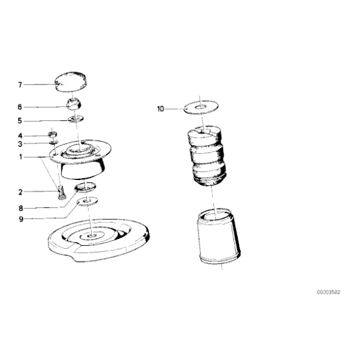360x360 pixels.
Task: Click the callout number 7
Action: [x=20, y=85]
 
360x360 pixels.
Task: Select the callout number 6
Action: [x=20, y=107]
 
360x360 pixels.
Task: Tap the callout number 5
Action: [x=20, y=121]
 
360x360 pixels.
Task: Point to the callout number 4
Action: [x=20, y=136]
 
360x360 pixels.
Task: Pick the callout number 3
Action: [x=20, y=144]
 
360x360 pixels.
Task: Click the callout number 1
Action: [x=20, y=157]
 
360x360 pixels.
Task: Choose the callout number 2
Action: [x=20, y=192]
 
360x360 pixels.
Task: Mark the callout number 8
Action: [x=20, y=208]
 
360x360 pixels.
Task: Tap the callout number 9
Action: [x=21, y=219]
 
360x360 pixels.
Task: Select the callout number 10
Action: [x=161, y=109]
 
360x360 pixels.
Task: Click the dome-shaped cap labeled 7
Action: [x=71, y=82]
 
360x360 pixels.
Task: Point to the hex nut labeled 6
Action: [x=74, y=104]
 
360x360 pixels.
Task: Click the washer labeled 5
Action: [x=76, y=119]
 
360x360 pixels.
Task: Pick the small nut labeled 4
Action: [x=53, y=134]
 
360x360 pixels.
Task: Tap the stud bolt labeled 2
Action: [x=61, y=193]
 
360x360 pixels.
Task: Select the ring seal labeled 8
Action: [x=85, y=186]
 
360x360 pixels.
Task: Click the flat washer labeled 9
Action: [x=88, y=201]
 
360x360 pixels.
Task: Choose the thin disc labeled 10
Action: [x=201, y=107]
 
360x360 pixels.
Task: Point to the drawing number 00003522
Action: [x=328, y=292]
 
